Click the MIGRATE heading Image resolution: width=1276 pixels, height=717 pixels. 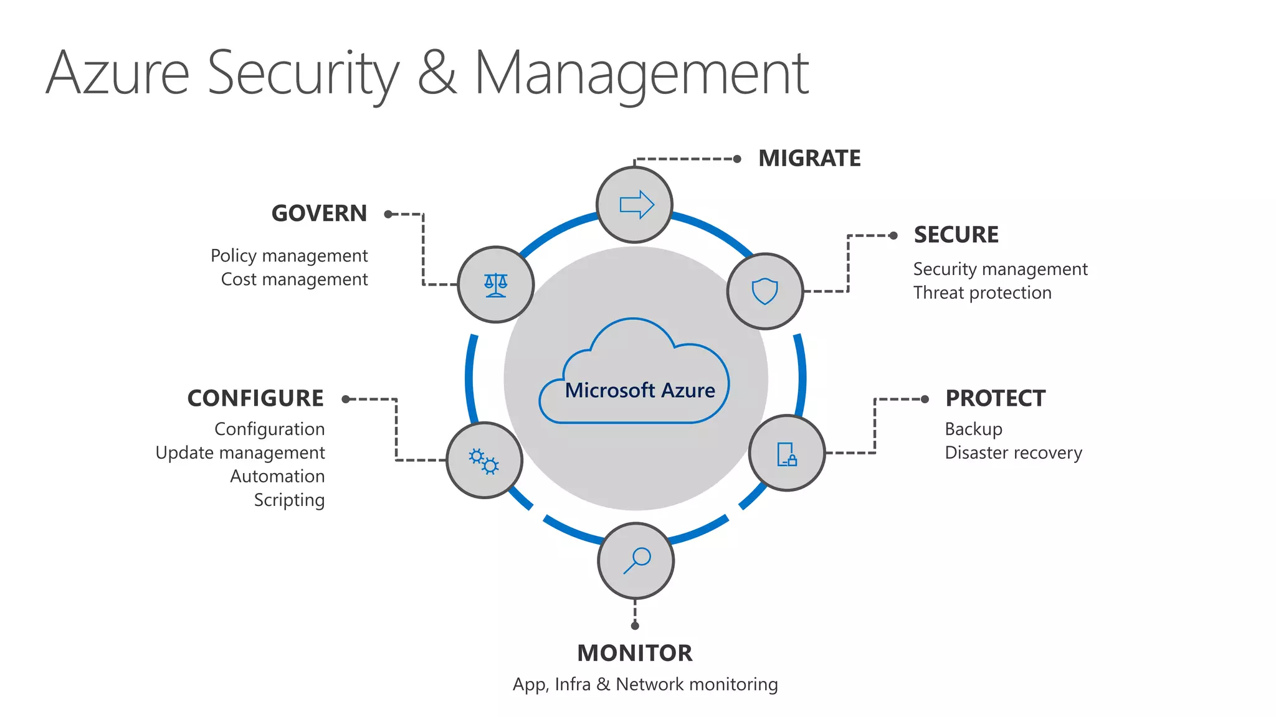[809, 159]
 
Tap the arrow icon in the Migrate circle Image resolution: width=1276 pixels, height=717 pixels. [636, 205]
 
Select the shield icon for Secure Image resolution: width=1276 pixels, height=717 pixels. [764, 291]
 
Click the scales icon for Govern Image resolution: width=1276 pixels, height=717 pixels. [496, 285]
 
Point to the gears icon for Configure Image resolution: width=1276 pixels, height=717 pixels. [484, 461]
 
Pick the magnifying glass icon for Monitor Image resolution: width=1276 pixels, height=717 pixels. [637, 560]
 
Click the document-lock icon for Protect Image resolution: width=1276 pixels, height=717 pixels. [787, 454]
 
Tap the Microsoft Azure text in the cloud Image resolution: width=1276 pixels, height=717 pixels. [640, 390]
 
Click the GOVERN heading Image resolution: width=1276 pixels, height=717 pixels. [319, 213]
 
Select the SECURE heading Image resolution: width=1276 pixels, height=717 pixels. [956, 235]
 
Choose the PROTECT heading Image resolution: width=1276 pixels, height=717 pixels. [995, 398]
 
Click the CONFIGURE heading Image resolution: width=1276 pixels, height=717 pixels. [255, 398]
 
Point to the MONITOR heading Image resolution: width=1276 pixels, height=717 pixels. [634, 653]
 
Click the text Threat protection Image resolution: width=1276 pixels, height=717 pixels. [982, 293]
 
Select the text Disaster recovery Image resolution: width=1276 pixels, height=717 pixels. [1013, 452]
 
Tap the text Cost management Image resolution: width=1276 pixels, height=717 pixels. [294, 279]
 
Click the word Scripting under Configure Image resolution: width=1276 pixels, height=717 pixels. [289, 500]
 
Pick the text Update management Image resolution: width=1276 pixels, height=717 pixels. [240, 452]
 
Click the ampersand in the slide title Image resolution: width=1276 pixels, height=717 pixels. [436, 73]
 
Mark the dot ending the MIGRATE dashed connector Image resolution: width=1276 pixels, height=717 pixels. [737, 159]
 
